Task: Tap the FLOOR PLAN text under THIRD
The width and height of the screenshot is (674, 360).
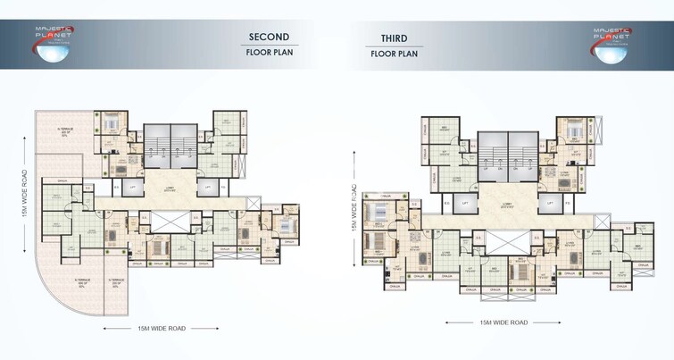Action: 394,53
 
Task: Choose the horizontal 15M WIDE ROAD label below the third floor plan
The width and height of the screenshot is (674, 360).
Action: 503,322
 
